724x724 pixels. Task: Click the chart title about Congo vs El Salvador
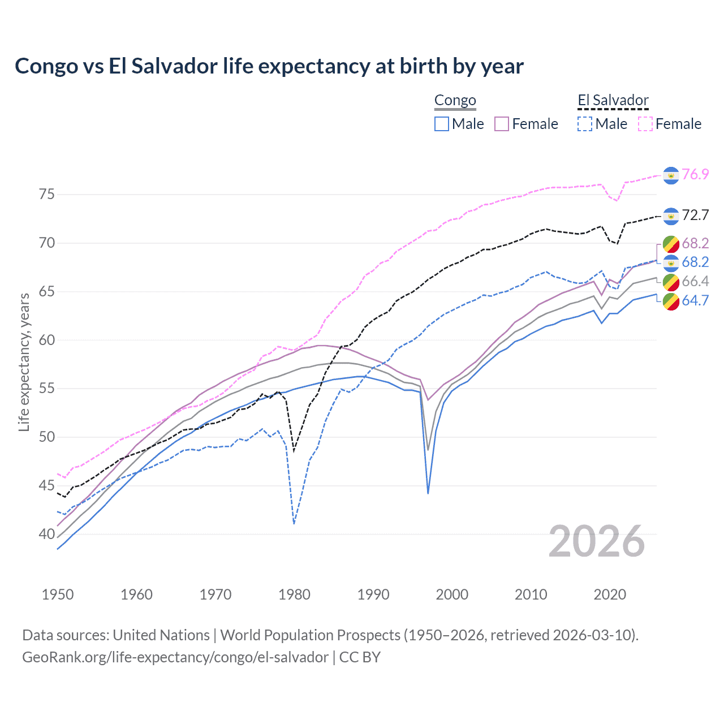pyautogui.click(x=269, y=66)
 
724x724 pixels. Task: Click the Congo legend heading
pyautogui.click(x=455, y=101)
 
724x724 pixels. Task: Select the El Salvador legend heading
pyautogui.click(x=613, y=101)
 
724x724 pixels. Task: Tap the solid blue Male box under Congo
pyautogui.click(x=442, y=124)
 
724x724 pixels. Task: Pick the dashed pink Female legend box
pyautogui.click(x=645, y=124)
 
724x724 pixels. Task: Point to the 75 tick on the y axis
pyautogui.click(x=47, y=195)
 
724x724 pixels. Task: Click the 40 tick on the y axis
pyautogui.click(x=47, y=534)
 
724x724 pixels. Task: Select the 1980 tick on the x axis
pyautogui.click(x=294, y=594)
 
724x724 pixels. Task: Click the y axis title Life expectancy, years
pyautogui.click(x=24, y=362)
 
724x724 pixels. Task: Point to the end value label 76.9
pyautogui.click(x=695, y=174)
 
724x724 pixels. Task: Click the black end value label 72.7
pyautogui.click(x=695, y=215)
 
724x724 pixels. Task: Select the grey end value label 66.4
pyautogui.click(x=695, y=281)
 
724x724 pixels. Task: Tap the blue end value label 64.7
pyautogui.click(x=695, y=300)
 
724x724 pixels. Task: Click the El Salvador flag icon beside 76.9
pyautogui.click(x=671, y=175)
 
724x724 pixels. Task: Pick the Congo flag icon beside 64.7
pyautogui.click(x=671, y=301)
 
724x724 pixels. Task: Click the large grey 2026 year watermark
pyautogui.click(x=597, y=541)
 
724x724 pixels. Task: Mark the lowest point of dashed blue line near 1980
pyautogui.click(x=294, y=524)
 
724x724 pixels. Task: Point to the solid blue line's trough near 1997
pyautogui.click(x=428, y=493)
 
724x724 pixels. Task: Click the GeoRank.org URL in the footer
pyautogui.click(x=175, y=657)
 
